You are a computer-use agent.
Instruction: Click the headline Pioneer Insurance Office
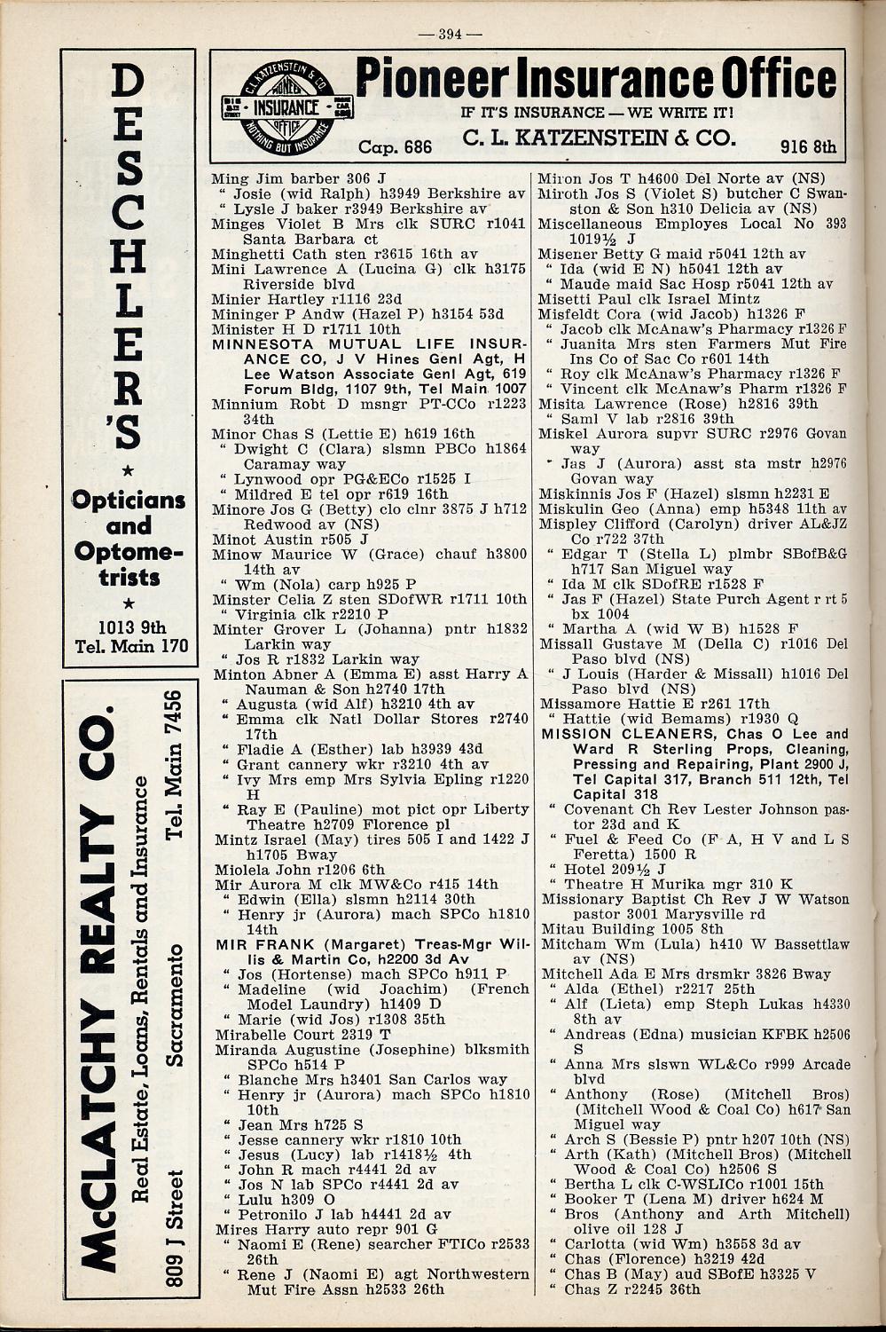click(600, 80)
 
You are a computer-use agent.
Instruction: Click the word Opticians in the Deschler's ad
click(129, 500)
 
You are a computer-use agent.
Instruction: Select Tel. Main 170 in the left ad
click(132, 645)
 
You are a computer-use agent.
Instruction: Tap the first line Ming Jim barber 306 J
click(299, 178)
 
